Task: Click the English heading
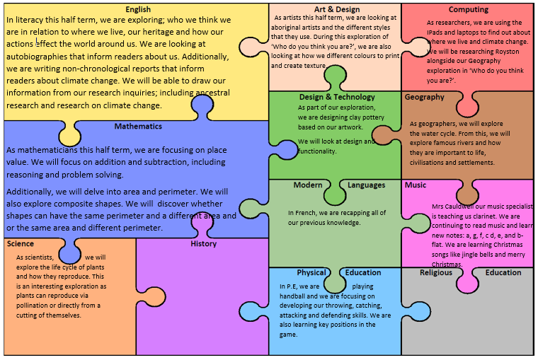click(137, 9)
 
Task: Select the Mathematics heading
click(137, 127)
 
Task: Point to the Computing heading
click(469, 9)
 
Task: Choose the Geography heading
click(425, 98)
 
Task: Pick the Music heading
click(416, 185)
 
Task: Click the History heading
click(203, 244)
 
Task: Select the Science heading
click(21, 244)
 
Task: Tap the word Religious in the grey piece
click(435, 273)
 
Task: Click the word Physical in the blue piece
click(311, 273)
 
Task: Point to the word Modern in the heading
click(308, 185)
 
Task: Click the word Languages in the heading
click(366, 185)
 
